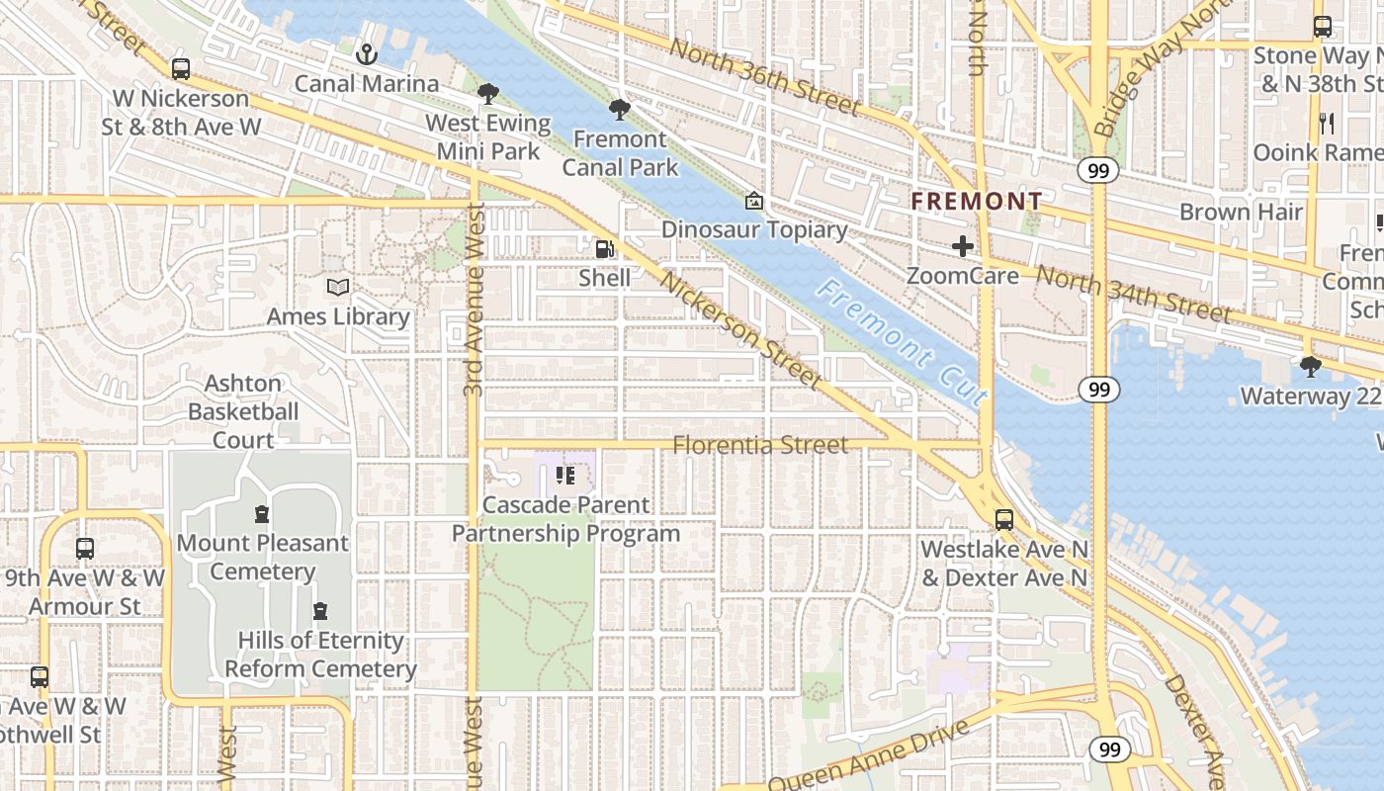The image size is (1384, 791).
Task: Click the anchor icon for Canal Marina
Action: pos(367,53)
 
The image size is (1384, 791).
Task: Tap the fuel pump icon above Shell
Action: pos(604,248)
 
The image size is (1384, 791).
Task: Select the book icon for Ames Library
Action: pos(338,288)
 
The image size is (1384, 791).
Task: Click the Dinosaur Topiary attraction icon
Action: pos(754,201)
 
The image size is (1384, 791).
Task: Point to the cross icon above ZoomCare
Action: pos(963,246)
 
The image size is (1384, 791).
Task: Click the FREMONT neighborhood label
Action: pos(976,202)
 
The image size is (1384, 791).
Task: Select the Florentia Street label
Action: pos(759,445)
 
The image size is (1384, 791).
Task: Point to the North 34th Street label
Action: pos(1133,294)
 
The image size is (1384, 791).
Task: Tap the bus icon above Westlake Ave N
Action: pos(1004,519)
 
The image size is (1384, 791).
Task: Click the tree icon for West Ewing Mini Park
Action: pos(487,94)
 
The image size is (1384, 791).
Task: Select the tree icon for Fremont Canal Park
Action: pos(620,109)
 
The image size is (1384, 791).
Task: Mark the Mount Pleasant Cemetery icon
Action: pos(262,514)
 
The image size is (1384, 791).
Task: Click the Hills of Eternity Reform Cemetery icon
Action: pos(319,611)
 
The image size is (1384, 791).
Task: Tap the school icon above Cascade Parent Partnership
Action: pos(565,476)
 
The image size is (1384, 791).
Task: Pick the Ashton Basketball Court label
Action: pos(243,411)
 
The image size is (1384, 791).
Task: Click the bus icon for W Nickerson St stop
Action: pos(180,69)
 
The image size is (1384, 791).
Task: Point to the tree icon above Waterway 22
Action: pos(1310,367)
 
